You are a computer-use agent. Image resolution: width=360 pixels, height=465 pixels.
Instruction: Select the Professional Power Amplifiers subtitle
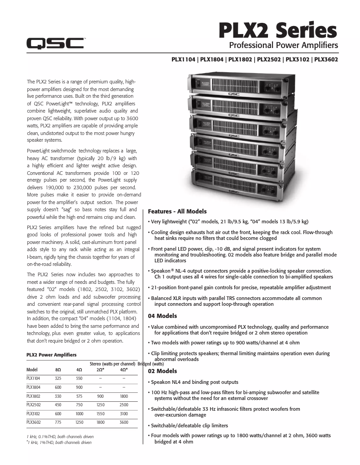click(283, 45)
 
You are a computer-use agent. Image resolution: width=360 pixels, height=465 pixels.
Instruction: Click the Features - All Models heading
click(177, 211)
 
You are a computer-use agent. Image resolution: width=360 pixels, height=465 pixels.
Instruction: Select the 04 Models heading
click(162, 316)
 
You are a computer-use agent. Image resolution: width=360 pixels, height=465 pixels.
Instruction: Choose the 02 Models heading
click(162, 371)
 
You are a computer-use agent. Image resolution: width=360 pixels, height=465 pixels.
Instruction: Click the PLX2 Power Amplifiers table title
click(51, 355)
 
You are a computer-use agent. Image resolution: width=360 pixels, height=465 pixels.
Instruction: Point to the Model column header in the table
click(32, 370)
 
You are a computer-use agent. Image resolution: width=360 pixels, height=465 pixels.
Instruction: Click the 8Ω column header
click(58, 370)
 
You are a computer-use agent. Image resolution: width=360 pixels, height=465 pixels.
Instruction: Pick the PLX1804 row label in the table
click(33, 387)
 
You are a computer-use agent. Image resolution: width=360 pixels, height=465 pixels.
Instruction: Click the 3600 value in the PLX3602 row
click(123, 422)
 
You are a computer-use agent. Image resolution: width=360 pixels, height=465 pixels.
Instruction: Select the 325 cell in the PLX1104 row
click(58, 378)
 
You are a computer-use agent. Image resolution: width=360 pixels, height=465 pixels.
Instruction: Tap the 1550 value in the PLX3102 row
click(100, 413)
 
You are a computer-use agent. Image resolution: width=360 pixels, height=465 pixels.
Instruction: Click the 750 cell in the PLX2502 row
click(79, 404)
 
